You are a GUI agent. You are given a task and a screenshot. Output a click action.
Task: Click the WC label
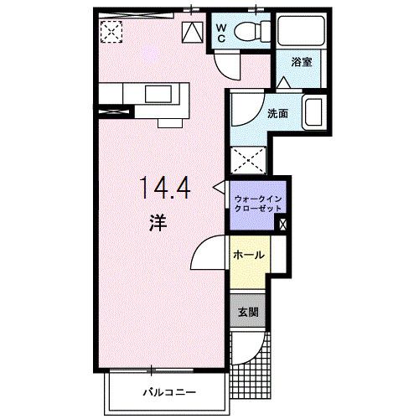[x=220, y=33]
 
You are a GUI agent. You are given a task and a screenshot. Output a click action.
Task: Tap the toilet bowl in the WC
[x=248, y=33]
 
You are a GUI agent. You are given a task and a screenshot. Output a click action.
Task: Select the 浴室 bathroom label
[x=301, y=61]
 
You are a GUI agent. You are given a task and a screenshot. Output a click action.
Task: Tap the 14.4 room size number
[x=164, y=187]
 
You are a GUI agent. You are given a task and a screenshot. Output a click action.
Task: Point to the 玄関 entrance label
[x=249, y=313]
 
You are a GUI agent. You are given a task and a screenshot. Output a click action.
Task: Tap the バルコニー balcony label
[x=168, y=391]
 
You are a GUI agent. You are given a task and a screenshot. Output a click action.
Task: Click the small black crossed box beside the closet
[x=281, y=224]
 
